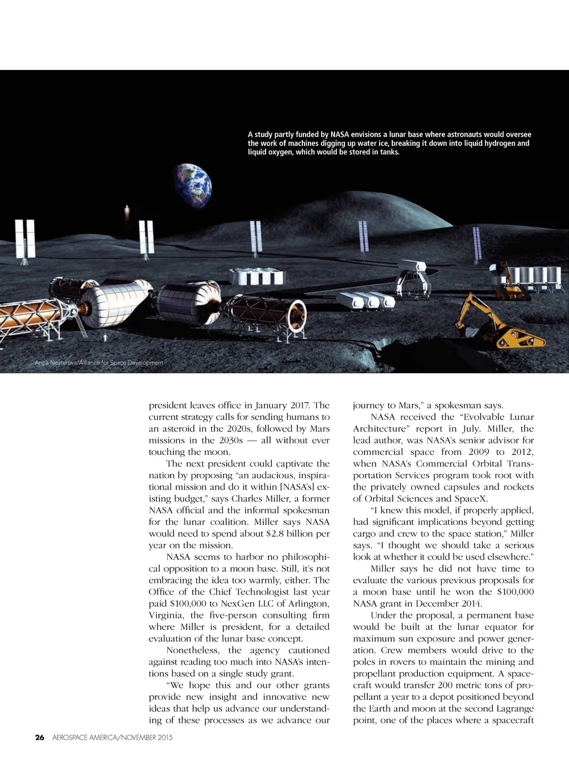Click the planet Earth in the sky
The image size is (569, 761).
(193, 187)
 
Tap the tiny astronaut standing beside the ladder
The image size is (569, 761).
(106, 337)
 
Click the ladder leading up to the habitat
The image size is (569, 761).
(80, 323)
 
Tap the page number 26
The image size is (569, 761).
(39, 738)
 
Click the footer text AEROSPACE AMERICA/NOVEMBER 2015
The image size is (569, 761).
(112, 738)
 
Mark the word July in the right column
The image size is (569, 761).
(471, 429)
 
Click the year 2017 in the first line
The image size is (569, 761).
(299, 405)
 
